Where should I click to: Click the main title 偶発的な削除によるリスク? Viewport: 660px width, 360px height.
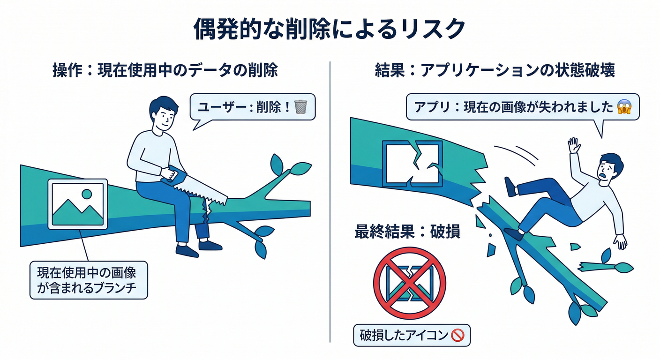[x=330, y=29]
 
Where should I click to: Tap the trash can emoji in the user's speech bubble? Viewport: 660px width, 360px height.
[x=300, y=107]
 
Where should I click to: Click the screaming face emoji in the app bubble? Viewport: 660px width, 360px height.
[x=624, y=107]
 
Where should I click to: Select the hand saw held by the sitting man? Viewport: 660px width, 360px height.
[x=195, y=186]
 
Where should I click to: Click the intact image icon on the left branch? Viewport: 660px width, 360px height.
[x=78, y=204]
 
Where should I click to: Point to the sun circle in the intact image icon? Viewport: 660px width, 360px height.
[x=87, y=194]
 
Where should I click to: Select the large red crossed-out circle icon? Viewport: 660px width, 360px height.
[x=410, y=283]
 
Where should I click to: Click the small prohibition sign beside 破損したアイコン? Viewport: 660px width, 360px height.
[x=458, y=335]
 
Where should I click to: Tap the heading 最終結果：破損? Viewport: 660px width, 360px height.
[x=407, y=231]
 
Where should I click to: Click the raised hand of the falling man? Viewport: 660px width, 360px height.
[x=574, y=145]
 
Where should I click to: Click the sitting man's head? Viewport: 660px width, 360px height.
[x=163, y=113]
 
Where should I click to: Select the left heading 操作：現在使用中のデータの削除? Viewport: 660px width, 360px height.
[x=165, y=71]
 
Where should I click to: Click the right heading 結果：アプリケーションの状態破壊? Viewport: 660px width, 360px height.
[x=495, y=71]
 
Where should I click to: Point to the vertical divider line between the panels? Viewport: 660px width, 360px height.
[x=330, y=202]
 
